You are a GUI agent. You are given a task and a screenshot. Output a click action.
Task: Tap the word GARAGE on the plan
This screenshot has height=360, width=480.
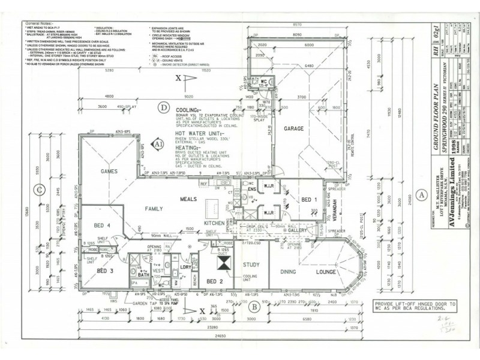click(x=294, y=128)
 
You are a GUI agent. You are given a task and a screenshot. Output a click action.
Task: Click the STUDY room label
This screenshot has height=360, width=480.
click(x=251, y=264)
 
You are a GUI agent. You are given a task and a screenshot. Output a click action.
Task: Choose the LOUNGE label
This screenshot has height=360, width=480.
click(x=326, y=272)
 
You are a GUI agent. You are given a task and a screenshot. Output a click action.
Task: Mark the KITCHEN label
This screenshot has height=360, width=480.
click(x=214, y=223)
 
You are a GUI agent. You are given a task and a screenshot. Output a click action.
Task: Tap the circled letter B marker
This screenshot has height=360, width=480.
click(x=254, y=307)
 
